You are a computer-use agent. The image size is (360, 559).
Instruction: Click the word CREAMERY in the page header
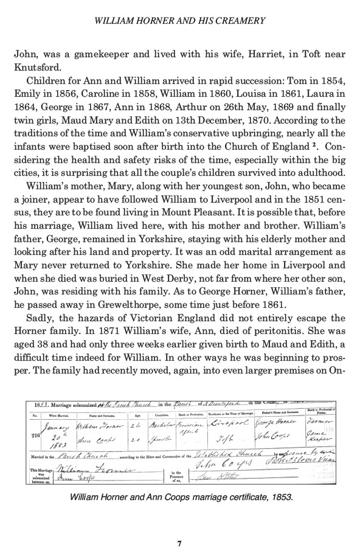click(x=240, y=21)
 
